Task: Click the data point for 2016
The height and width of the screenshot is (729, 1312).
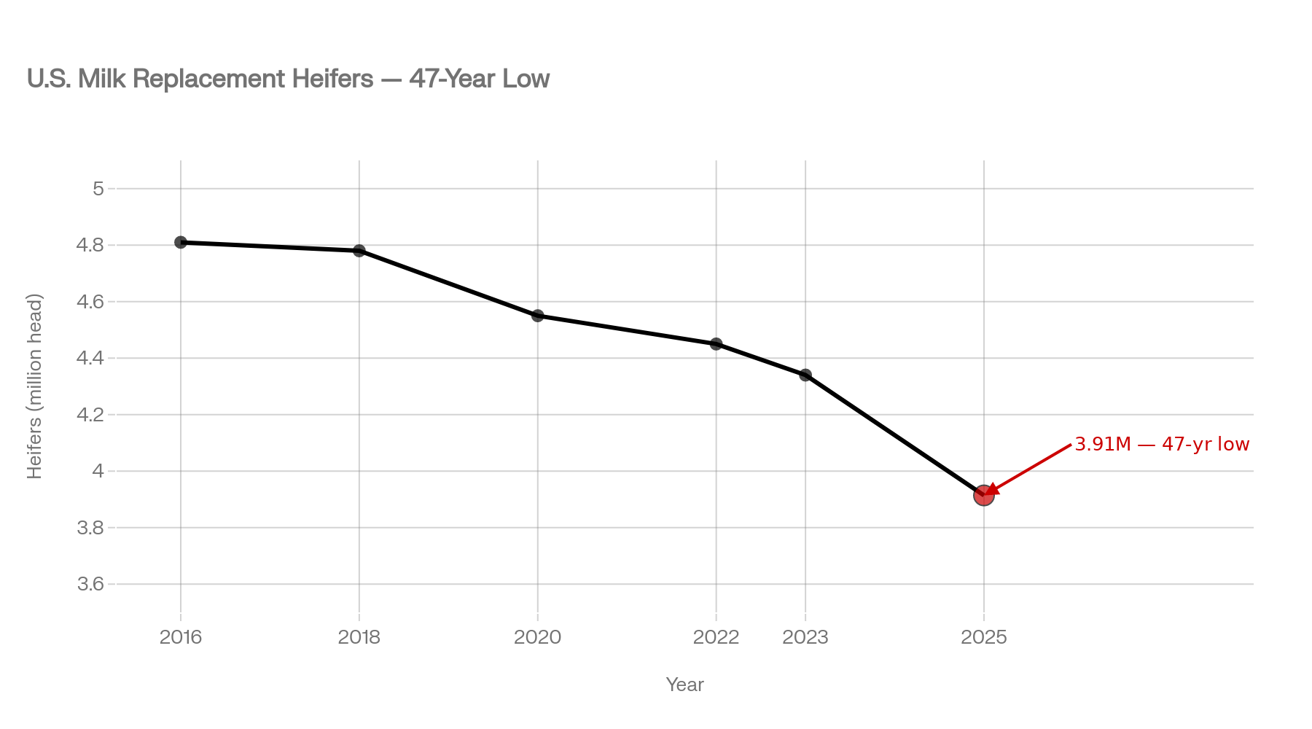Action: point(181,242)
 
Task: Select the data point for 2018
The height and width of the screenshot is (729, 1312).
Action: point(359,251)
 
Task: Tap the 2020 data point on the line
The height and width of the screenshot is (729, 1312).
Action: point(538,316)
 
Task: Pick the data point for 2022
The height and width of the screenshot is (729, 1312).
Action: point(716,344)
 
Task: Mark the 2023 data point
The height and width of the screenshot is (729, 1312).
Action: point(805,375)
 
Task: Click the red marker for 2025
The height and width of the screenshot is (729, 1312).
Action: point(983,496)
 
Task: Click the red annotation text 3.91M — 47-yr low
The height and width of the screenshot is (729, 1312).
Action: point(1162,444)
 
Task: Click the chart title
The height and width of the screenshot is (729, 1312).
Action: point(288,79)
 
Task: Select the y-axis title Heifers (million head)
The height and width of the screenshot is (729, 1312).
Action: point(35,386)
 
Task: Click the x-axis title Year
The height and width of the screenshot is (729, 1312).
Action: point(684,685)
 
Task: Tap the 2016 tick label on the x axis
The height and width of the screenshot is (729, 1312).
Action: point(181,638)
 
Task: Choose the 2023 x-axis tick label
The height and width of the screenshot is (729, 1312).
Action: point(805,638)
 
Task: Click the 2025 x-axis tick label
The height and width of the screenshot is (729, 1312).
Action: point(984,638)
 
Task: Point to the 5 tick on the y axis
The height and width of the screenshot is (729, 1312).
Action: point(98,190)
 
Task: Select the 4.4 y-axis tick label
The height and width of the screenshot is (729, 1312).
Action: point(90,359)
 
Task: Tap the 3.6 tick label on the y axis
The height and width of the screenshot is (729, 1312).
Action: point(90,585)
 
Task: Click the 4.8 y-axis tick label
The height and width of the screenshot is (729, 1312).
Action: point(90,246)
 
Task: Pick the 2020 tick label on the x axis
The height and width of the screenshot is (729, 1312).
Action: point(538,638)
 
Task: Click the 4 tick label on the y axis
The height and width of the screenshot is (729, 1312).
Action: point(98,472)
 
